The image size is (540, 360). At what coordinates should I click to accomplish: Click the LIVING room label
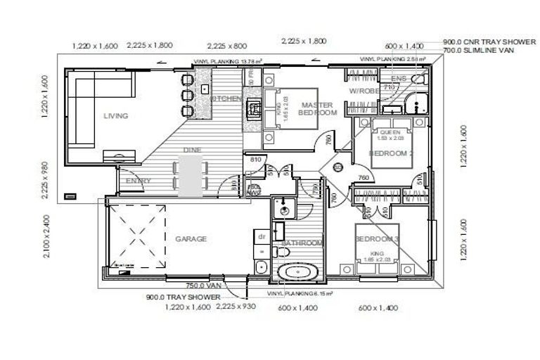click(x=115, y=116)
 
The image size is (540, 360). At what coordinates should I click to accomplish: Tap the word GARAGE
click(x=191, y=239)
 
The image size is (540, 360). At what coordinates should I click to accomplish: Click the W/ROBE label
click(x=364, y=91)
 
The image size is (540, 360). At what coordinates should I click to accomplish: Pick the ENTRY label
click(x=139, y=181)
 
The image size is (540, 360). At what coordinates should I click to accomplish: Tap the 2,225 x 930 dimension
click(x=236, y=307)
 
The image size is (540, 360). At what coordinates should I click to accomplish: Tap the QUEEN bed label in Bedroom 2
click(x=389, y=132)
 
